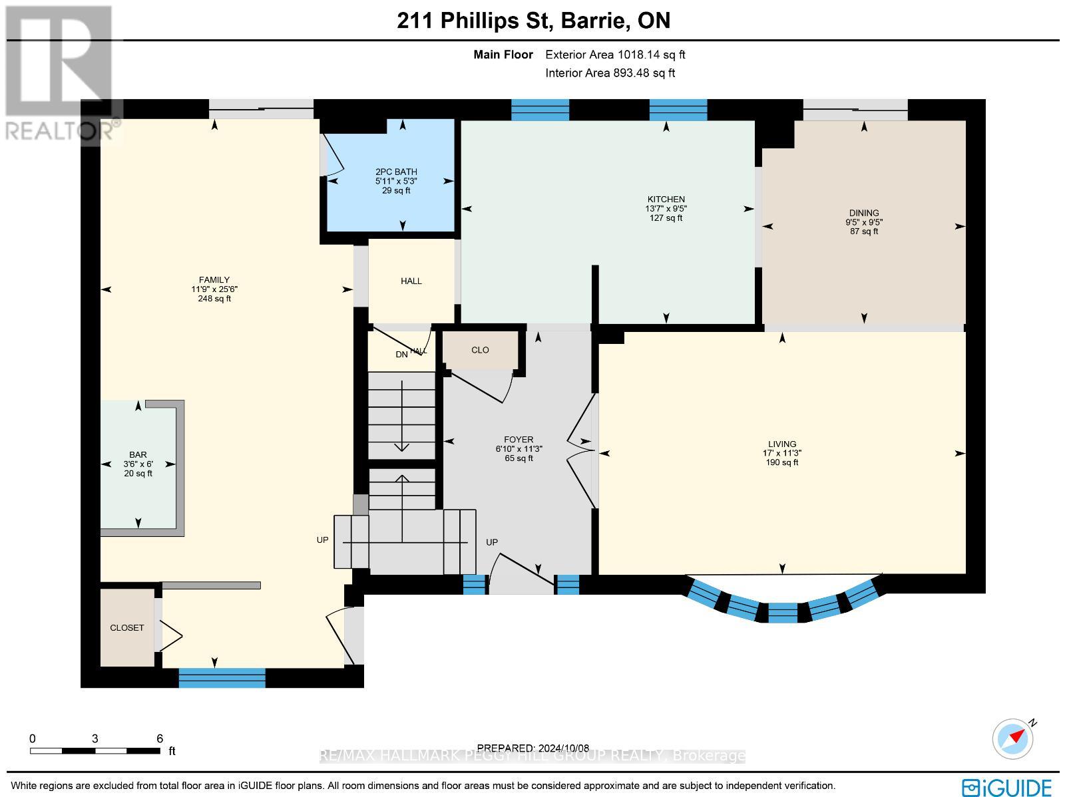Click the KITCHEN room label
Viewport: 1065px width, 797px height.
(x=666, y=200)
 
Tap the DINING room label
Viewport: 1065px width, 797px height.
(x=863, y=213)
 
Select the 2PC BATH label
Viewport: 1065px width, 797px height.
(x=396, y=172)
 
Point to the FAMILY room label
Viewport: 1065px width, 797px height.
(x=214, y=279)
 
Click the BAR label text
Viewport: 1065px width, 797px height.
(x=138, y=455)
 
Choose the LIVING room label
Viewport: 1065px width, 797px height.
(x=781, y=444)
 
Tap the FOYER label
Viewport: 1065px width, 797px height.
(x=518, y=440)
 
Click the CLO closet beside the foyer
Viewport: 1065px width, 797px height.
(x=480, y=350)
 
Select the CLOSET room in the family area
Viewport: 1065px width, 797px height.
(x=127, y=627)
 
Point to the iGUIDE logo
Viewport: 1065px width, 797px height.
(x=1007, y=787)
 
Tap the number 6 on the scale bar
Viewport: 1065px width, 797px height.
(x=160, y=738)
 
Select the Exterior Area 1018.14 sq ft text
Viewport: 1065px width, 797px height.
(x=615, y=55)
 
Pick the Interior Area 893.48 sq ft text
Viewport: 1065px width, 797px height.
(x=610, y=73)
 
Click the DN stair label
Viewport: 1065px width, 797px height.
(x=401, y=355)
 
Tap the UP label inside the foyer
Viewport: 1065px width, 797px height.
(x=491, y=542)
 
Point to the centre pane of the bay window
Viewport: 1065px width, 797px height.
(x=783, y=613)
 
